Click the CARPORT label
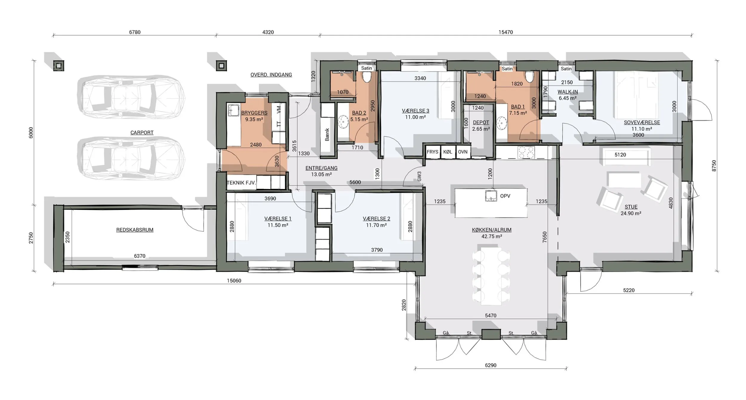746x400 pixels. tap(142, 132)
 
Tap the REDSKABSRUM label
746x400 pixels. tap(135, 230)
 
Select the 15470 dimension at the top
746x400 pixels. tap(505, 32)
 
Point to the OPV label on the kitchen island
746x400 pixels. tap(505, 196)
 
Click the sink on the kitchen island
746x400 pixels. tap(491, 196)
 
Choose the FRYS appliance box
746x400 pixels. tap(432, 152)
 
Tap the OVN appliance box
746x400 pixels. tap(463, 152)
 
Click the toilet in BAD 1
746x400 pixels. tap(530, 77)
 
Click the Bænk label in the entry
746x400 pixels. tap(327, 135)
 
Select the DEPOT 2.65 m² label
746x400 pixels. tap(481, 126)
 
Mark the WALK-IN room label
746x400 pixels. tap(568, 92)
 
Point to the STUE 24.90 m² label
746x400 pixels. tap(631, 210)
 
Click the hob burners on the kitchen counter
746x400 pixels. tap(526, 152)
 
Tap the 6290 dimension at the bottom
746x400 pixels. tap(491, 365)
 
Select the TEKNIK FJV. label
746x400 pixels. tap(241, 183)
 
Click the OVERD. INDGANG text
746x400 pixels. tap(271, 75)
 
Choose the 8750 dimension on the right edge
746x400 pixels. tap(714, 166)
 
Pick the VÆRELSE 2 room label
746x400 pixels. tap(376, 219)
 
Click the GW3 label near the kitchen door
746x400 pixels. tap(419, 176)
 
